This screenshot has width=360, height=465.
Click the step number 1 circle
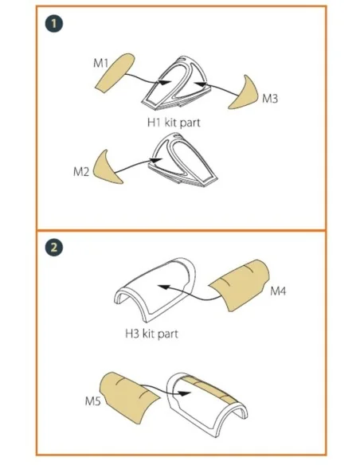[54, 23]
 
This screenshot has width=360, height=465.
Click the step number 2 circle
[54, 248]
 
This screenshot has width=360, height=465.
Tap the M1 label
[101, 63]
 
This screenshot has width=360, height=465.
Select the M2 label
[81, 171]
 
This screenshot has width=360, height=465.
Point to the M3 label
[270, 98]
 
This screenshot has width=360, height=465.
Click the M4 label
[278, 291]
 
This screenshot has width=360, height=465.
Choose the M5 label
[93, 401]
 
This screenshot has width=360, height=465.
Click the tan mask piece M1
[115, 72]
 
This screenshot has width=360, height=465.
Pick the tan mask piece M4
[241, 285]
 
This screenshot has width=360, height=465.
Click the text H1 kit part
[174, 123]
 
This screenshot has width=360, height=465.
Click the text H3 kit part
[151, 334]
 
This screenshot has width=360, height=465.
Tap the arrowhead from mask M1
[164, 83]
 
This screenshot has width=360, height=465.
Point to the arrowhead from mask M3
[201, 84]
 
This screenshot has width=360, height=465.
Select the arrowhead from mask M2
[156, 160]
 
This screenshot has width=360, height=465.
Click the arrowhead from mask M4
[164, 287]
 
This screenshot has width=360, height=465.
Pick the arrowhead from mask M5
[185, 393]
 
